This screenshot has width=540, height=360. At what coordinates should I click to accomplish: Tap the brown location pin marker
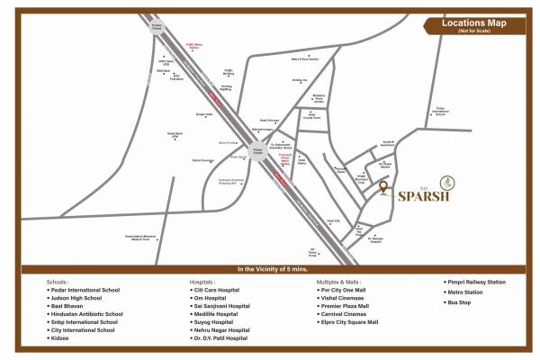[x=384, y=188]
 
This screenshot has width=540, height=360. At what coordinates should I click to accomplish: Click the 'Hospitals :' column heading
[x=205, y=281]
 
